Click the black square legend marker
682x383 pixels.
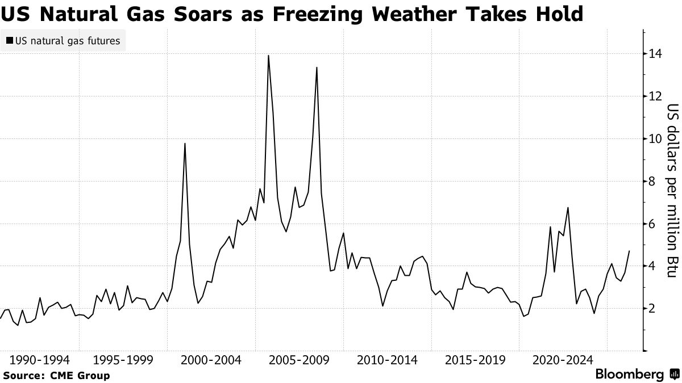pos(9,41)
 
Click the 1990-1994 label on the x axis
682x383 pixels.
pos(40,360)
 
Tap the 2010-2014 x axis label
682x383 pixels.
pos(387,360)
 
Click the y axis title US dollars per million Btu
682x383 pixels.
pos(672,191)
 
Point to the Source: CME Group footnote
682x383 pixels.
pos(56,375)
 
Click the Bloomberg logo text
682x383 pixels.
pos(629,374)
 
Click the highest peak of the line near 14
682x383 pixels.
pos(268,56)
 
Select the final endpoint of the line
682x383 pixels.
pos(629,251)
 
